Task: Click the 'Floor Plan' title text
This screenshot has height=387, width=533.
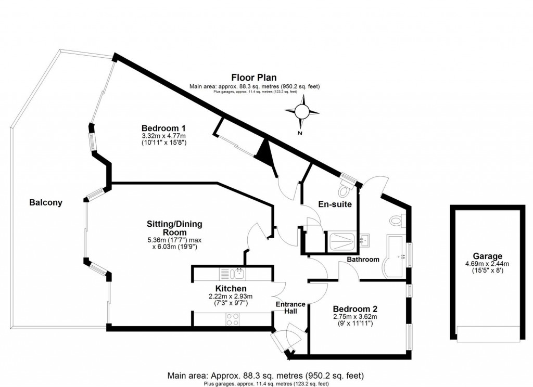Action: click(255, 78)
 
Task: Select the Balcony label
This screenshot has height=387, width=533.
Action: click(46, 203)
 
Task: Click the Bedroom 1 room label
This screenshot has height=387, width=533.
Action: click(164, 128)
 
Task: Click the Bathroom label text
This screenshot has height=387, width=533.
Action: click(363, 259)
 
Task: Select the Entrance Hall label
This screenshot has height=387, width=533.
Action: click(287, 307)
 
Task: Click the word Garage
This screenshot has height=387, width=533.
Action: click(487, 256)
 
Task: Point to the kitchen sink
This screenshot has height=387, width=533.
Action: click(238, 273)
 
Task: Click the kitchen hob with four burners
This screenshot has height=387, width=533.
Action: click(232, 319)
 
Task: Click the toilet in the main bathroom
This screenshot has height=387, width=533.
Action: click(397, 221)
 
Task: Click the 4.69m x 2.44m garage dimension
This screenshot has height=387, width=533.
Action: click(487, 264)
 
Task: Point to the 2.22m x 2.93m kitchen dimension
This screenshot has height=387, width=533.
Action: click(231, 297)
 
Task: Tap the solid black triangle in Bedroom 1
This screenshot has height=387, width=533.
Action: click(265, 150)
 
